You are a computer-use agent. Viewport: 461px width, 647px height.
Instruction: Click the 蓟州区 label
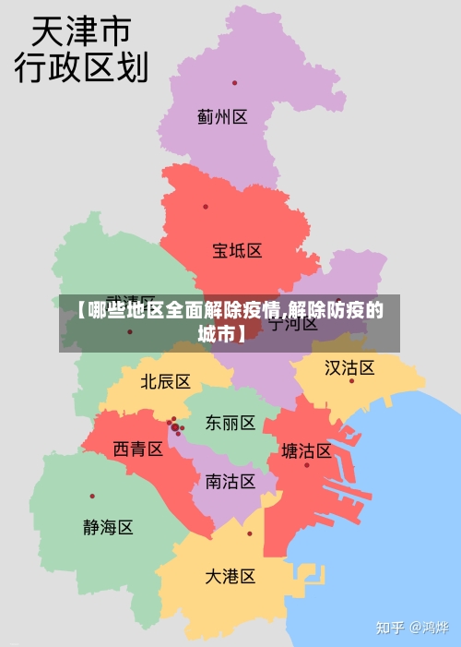[x=222, y=117]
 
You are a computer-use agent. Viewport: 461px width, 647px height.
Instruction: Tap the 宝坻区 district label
[x=237, y=250]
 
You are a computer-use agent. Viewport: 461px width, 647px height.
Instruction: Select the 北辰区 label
[x=165, y=381]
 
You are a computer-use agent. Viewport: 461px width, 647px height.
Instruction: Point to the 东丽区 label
[x=230, y=423]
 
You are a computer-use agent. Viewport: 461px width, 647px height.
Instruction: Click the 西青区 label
[x=138, y=449]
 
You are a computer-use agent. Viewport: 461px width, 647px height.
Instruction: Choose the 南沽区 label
[x=230, y=481]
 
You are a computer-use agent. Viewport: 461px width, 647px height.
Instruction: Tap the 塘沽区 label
[x=306, y=450]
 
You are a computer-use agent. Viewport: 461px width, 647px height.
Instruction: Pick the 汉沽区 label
[x=349, y=368]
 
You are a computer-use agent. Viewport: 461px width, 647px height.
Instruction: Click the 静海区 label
[x=108, y=527]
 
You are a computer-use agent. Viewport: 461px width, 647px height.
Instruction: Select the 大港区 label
[x=230, y=576]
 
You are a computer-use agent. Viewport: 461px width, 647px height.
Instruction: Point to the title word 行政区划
[x=81, y=67]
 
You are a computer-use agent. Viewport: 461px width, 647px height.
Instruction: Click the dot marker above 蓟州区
[x=234, y=83]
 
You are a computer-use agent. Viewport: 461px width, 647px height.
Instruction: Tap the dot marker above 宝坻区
[x=206, y=207]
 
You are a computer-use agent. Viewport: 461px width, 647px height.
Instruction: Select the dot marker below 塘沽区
[x=307, y=464]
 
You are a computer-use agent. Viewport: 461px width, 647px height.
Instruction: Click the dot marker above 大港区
[x=249, y=533]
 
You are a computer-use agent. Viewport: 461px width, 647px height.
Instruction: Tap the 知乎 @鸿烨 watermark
[x=411, y=628]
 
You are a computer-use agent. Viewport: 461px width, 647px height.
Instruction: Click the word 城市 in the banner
[x=219, y=333]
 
